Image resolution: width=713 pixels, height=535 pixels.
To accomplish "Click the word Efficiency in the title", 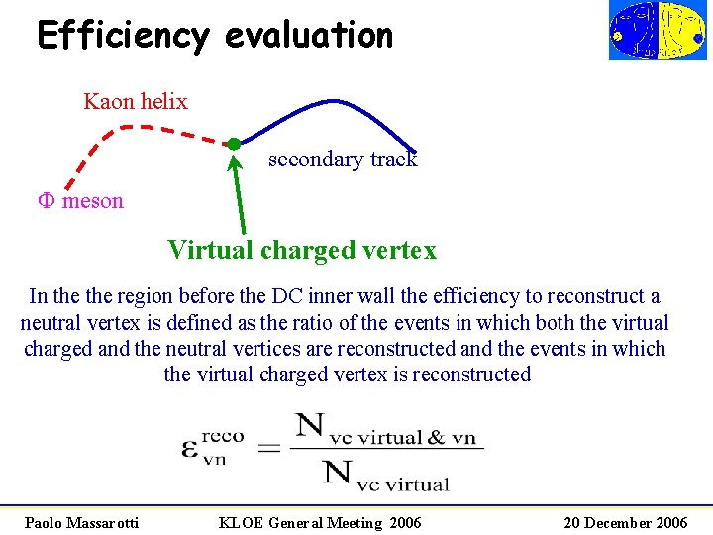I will coord(123,36).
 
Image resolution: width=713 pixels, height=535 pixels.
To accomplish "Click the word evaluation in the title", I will coord(309,36).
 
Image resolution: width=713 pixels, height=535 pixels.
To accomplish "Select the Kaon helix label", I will coord(136,101).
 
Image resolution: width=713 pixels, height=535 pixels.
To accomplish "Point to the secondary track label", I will coord(343,160).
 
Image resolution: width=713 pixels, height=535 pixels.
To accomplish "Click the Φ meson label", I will coord(81,201).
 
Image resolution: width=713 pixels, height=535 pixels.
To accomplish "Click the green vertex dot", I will coord(233,144).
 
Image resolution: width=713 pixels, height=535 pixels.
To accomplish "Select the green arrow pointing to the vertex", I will coord(241,193).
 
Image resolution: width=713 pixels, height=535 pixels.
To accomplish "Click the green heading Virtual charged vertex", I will coord(302,250).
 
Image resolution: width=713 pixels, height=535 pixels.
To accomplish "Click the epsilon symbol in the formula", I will coord(190,447).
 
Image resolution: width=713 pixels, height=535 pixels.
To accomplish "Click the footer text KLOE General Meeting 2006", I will coord(320,522).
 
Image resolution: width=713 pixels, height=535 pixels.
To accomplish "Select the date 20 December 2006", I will coord(626,522).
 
